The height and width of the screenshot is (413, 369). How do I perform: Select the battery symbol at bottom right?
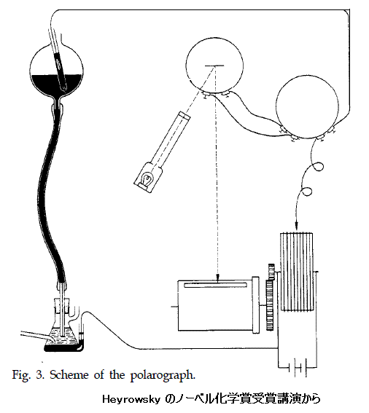pyautogui.click(x=298, y=367)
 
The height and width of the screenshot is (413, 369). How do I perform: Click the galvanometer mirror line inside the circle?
pyautogui.click(x=215, y=66)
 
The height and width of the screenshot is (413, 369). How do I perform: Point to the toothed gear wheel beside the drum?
pyautogui.click(x=271, y=297)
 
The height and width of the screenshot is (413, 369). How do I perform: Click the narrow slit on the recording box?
pyautogui.click(x=215, y=285)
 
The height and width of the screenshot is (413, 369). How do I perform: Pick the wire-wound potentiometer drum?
pyautogui.click(x=297, y=271)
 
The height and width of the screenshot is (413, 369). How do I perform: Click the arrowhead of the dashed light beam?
pyautogui.click(x=218, y=278)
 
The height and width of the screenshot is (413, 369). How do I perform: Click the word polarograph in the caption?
pyautogui.click(x=163, y=375)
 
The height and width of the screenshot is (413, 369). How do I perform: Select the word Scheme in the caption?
pyautogui.click(x=69, y=374)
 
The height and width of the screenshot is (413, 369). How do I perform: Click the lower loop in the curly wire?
pyautogui.click(x=307, y=192)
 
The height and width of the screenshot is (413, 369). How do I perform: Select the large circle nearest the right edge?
pyautogui.click(x=307, y=107)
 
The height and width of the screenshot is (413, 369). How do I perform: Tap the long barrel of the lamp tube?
pyautogui.click(x=169, y=141)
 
